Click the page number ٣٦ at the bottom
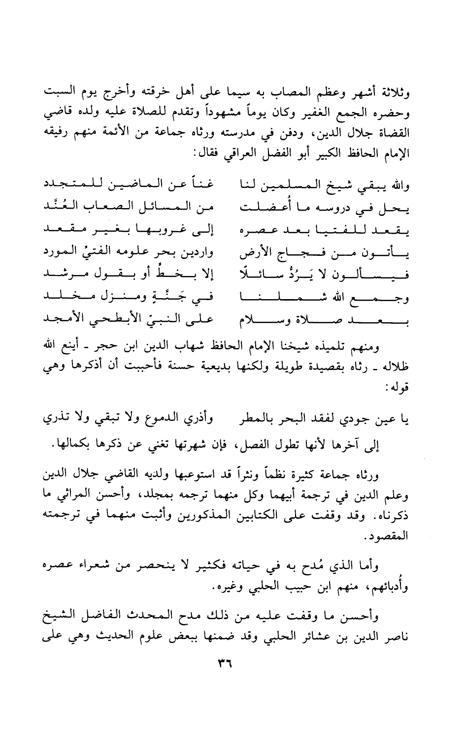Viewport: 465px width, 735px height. (x=224, y=664)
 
